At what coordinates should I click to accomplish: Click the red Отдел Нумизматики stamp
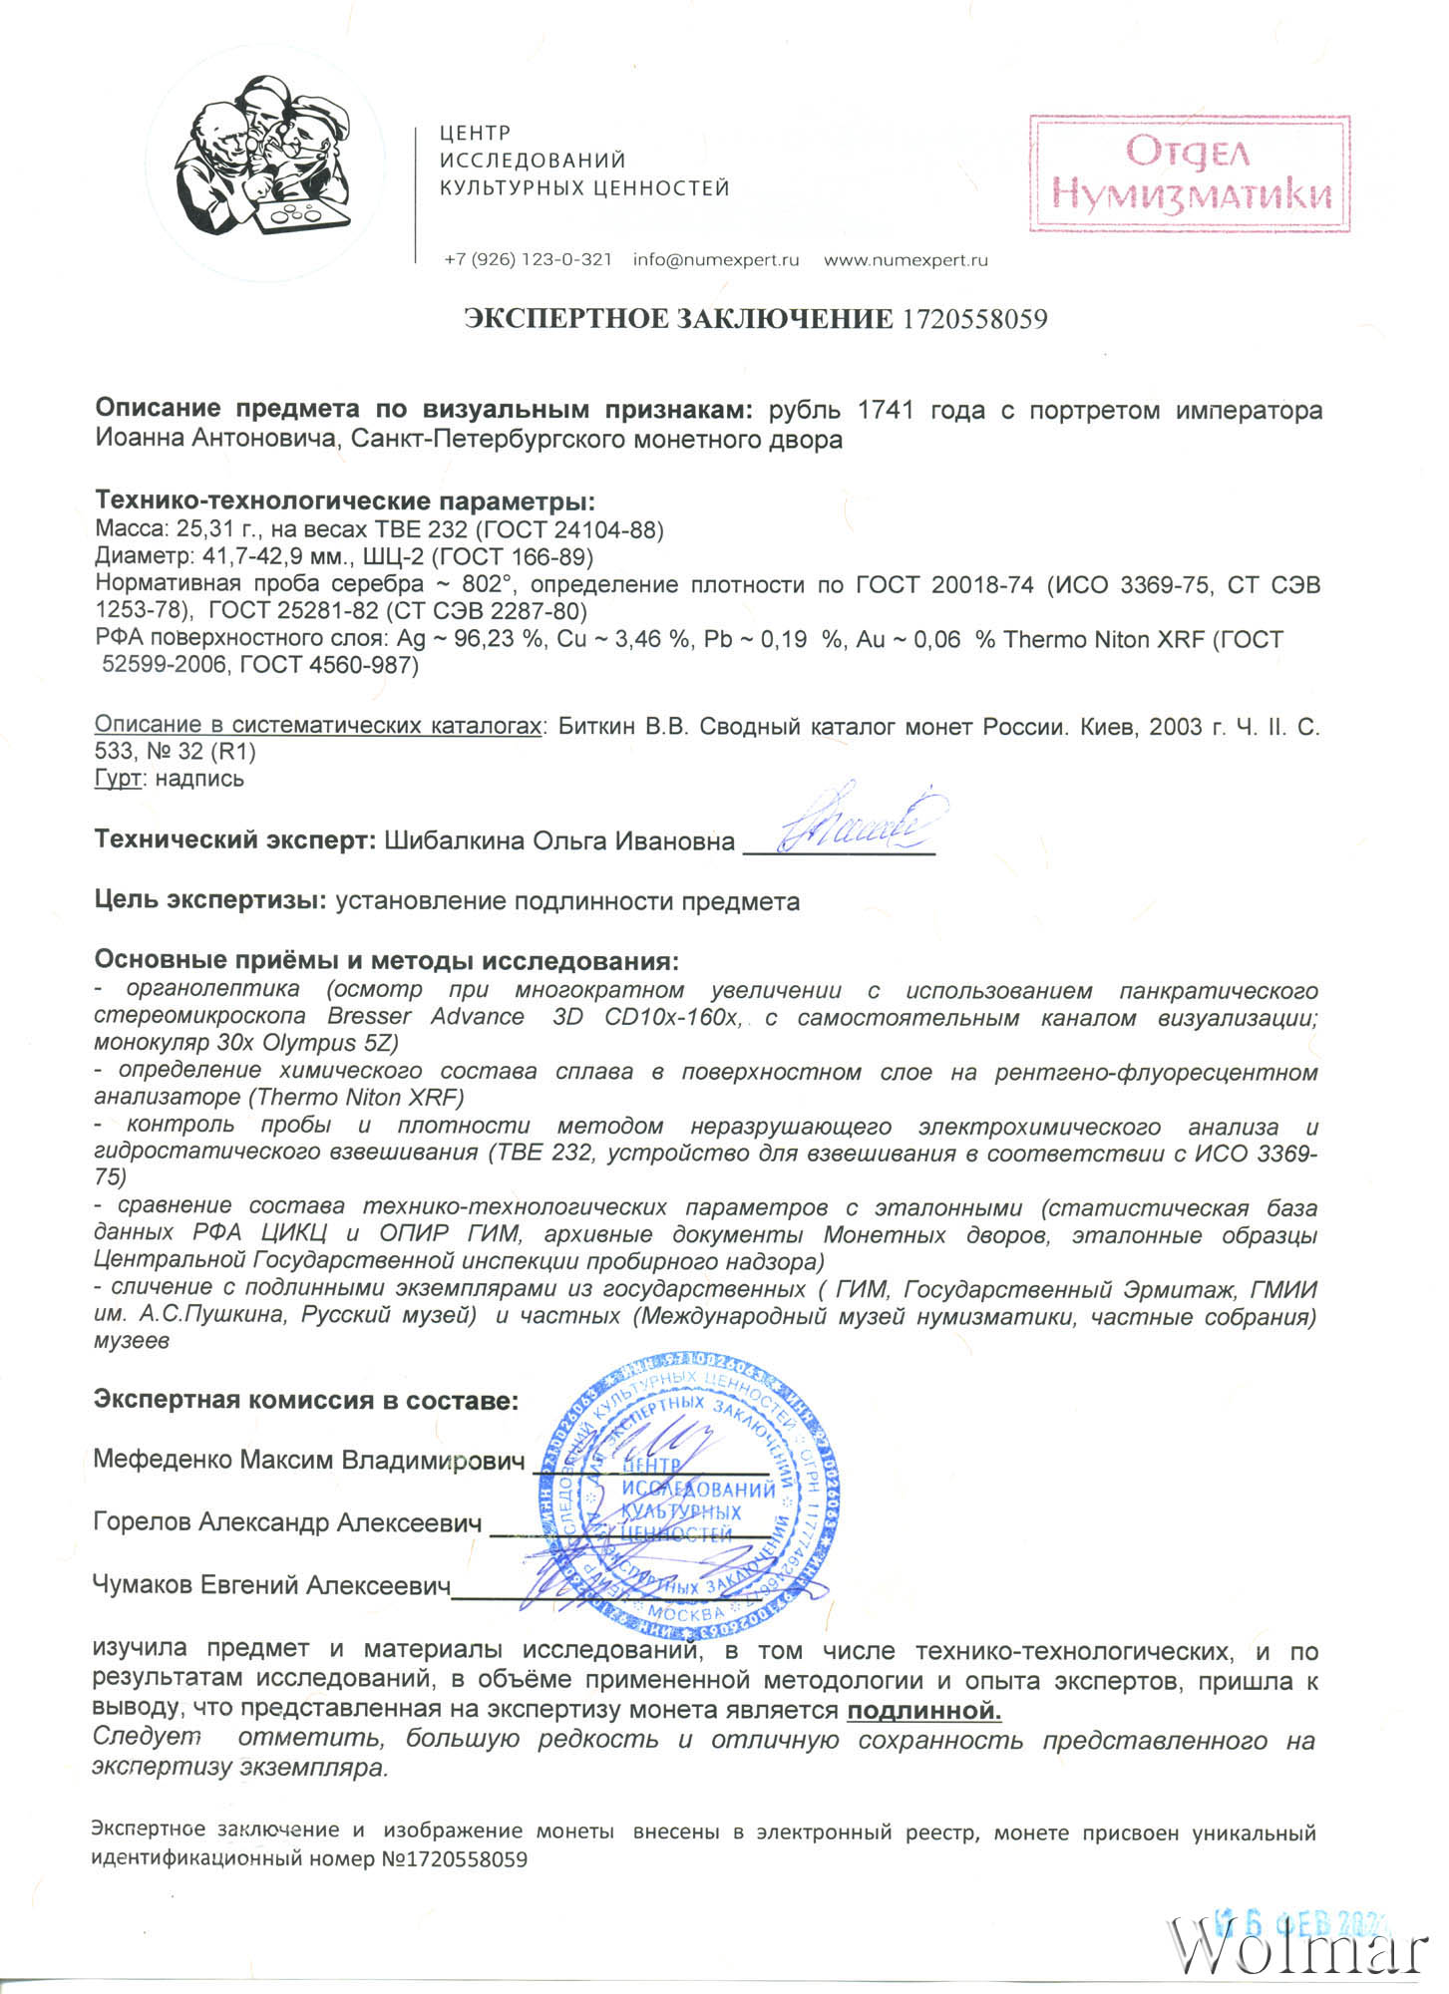pos(1190,173)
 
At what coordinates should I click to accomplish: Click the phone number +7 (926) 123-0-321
pos(528,260)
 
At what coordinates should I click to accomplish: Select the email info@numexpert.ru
pos(716,260)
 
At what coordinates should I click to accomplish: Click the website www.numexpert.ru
pos(906,260)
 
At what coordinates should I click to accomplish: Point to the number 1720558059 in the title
pos(974,319)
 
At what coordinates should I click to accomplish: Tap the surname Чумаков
pos(144,1585)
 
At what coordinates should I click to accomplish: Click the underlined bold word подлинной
pos(923,1712)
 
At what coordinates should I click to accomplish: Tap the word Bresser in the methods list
pos(369,1018)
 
